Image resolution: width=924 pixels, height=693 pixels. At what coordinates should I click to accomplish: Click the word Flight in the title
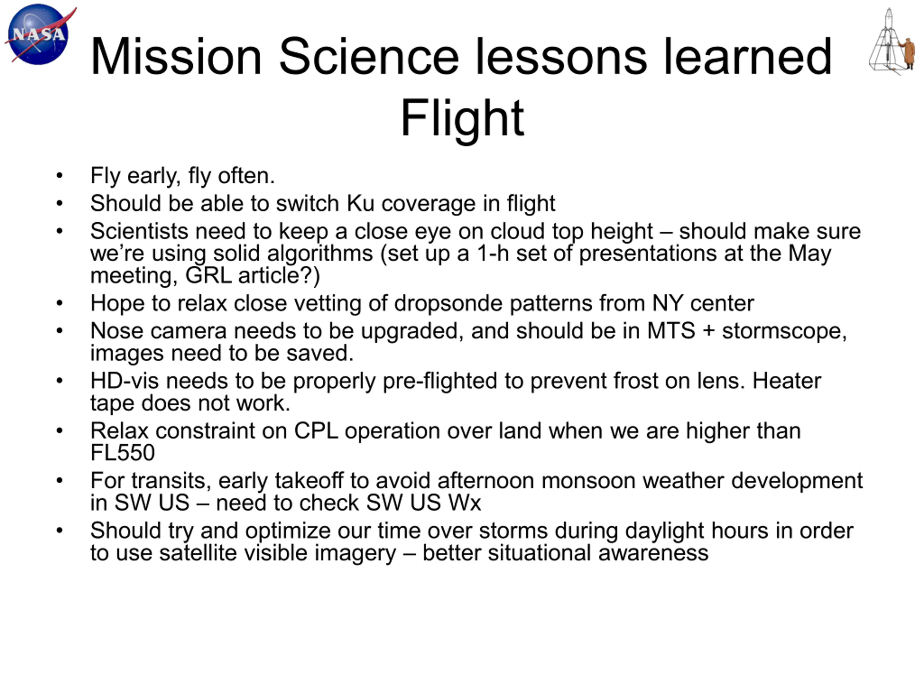point(462,117)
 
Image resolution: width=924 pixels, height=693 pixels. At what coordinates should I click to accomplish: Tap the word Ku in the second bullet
point(361,204)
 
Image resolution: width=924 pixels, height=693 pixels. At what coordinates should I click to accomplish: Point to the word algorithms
point(293,253)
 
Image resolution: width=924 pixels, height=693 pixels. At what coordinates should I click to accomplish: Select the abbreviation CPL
point(316,431)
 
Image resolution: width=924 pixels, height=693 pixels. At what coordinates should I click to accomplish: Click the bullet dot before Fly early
point(59,175)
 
